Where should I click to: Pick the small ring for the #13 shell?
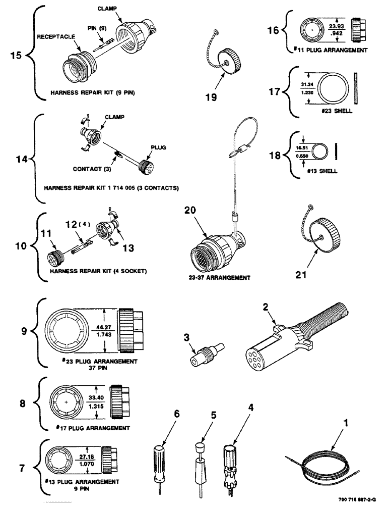point(318,150)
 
